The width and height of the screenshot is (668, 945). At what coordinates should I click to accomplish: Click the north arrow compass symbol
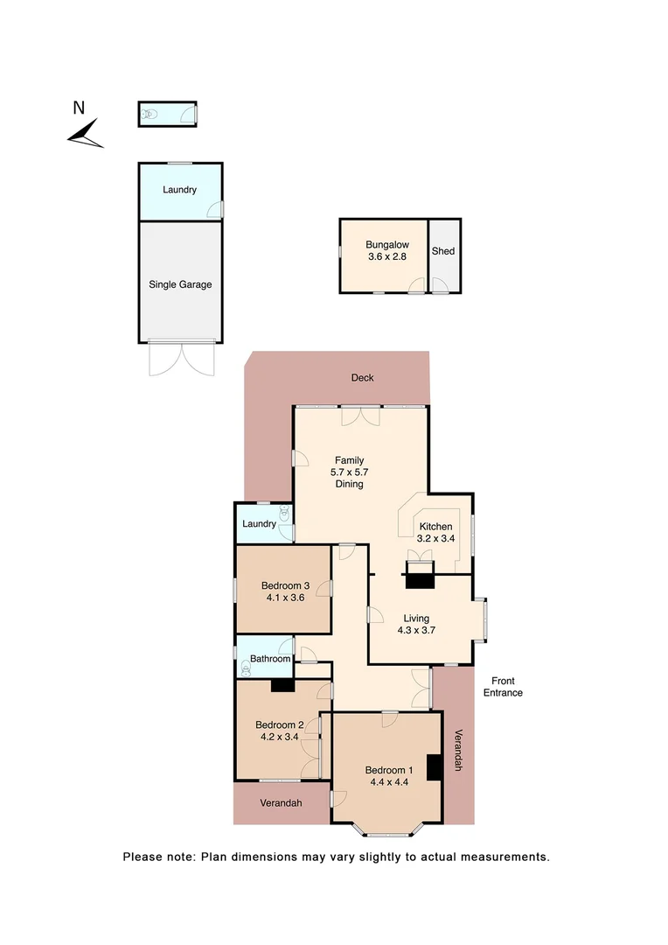[x=85, y=134]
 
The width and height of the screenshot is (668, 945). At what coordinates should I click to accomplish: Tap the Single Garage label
[x=180, y=284]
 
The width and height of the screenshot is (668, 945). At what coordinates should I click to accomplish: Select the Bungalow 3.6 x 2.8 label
[x=387, y=251]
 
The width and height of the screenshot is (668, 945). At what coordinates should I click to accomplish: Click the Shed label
[x=443, y=251]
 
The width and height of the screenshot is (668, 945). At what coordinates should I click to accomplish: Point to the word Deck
[x=362, y=378]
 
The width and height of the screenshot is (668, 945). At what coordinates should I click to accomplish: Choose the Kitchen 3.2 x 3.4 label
[x=435, y=533]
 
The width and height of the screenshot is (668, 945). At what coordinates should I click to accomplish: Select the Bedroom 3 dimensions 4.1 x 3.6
[x=285, y=598]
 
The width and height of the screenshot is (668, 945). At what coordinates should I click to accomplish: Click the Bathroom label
[x=270, y=659]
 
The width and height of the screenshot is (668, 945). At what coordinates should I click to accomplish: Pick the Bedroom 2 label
[x=280, y=724]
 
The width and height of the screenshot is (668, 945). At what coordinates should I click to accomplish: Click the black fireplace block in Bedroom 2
[x=282, y=686]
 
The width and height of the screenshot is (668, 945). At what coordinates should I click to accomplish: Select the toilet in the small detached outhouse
[x=150, y=114]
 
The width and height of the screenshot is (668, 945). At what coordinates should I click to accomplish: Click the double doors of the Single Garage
[x=180, y=360]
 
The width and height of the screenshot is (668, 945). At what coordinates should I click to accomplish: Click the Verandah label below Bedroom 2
[x=280, y=802]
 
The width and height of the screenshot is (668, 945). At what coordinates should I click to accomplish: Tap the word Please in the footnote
[x=144, y=857]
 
